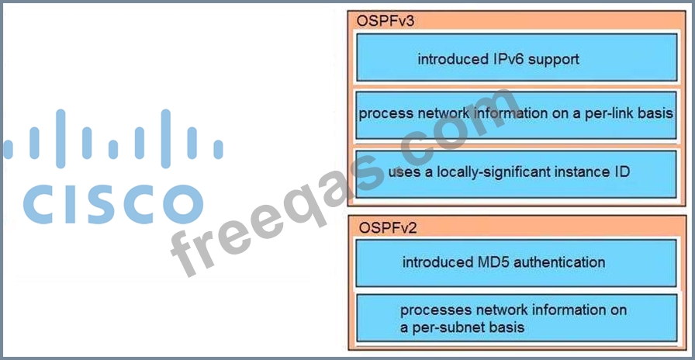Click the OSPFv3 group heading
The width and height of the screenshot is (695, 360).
(386, 21)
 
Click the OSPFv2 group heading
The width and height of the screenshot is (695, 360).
(386, 227)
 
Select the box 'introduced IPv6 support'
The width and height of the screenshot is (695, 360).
(516, 57)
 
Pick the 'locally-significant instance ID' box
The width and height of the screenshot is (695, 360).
(516, 172)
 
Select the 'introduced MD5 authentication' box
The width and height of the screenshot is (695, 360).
(516, 263)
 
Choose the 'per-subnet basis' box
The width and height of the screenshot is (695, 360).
(516, 318)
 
